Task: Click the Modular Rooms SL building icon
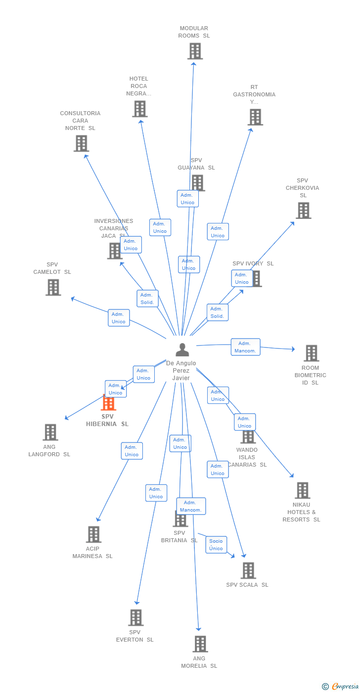(195, 51)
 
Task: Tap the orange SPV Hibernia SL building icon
(108, 403)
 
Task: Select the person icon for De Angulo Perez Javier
(182, 350)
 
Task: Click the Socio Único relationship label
(216, 545)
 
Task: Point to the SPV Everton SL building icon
(135, 617)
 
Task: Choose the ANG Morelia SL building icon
(200, 644)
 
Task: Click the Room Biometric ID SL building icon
(311, 353)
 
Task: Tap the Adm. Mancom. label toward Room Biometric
(245, 347)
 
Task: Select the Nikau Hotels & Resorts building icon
(302, 490)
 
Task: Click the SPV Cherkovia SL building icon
(303, 211)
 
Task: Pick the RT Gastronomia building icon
(255, 117)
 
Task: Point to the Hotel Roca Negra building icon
(140, 109)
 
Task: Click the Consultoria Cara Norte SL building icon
(81, 143)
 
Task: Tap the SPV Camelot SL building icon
(53, 287)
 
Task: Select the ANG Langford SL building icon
(50, 432)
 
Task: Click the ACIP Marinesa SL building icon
(93, 534)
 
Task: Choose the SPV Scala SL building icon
(248, 570)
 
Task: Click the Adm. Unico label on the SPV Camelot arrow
(119, 318)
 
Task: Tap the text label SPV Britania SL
(179, 536)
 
